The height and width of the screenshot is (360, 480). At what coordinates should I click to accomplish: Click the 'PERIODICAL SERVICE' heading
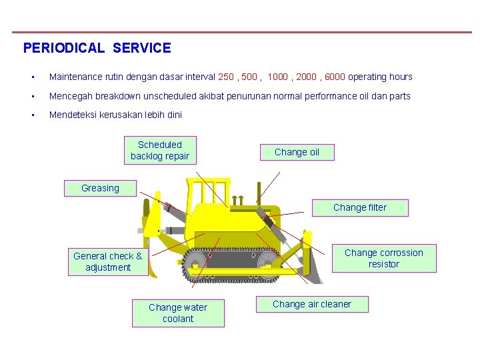[97, 48]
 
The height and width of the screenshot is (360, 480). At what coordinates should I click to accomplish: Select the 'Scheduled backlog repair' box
[160, 151]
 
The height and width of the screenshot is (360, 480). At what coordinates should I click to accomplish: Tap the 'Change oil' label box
[297, 152]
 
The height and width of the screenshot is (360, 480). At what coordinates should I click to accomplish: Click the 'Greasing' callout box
[100, 188]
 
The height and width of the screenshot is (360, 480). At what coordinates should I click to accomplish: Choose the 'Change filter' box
[360, 207]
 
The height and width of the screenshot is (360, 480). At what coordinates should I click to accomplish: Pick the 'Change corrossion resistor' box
[383, 259]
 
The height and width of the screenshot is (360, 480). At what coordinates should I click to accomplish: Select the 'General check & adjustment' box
[108, 261]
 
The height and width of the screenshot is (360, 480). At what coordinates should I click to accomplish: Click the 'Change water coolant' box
[178, 313]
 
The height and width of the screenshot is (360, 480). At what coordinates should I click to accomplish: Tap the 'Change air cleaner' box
[312, 305]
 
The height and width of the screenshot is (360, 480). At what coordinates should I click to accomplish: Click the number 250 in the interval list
[227, 77]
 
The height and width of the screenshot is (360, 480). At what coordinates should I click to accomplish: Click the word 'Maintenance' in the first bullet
[75, 77]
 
